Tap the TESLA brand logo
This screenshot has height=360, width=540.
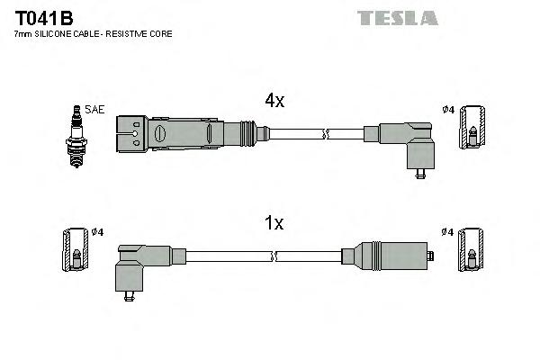[397, 17]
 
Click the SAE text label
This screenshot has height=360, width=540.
[95, 110]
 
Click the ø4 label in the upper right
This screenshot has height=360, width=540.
[447, 110]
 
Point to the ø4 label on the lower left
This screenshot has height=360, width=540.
[97, 232]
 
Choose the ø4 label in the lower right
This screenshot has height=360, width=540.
[447, 232]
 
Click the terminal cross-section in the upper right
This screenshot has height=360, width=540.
[472, 135]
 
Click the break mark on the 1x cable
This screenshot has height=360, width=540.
[273, 256]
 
